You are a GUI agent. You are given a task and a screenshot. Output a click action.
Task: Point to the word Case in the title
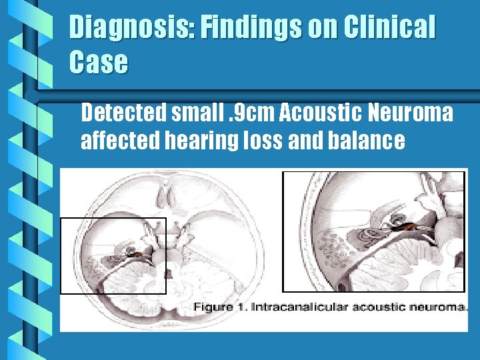pyautogui.click(x=98, y=62)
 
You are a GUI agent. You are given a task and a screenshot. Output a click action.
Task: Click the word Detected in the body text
pyautogui.click(x=123, y=114)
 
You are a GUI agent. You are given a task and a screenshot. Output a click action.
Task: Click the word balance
pyautogui.click(x=371, y=141)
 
